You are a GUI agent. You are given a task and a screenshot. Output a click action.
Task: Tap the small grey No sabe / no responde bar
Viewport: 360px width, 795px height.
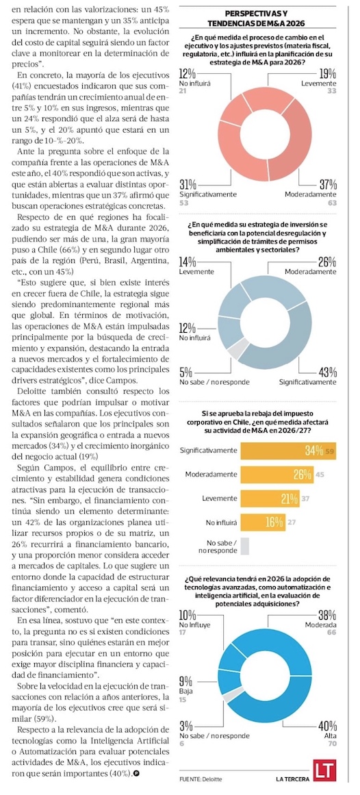pos(245,546)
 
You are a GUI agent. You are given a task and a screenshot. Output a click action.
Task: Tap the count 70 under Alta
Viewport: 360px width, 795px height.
pos(332,744)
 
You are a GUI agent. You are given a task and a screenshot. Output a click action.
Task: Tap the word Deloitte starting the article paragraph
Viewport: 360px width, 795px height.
pos(34,390)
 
